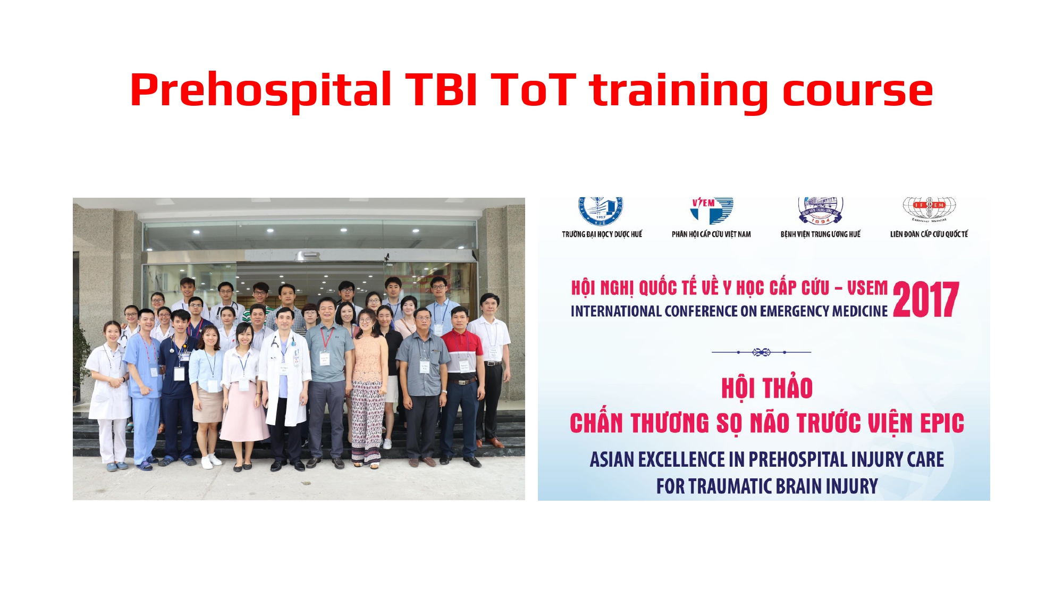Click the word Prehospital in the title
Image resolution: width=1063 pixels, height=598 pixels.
[260, 90]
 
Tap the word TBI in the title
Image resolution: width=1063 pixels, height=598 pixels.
[441, 90]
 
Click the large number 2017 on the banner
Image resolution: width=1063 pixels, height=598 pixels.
[926, 300]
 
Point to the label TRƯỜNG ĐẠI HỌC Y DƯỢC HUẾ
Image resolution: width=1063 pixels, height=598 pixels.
[602, 234]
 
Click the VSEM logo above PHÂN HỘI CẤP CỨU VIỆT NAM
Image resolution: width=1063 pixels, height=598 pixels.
[711, 210]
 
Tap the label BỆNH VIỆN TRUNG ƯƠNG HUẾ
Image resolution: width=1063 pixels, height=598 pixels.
[820, 234]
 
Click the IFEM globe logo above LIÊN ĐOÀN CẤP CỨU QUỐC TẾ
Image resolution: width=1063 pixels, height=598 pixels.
[929, 208]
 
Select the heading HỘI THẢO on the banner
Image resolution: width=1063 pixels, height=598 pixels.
[766, 388]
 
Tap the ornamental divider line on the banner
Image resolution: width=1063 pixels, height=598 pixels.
[761, 352]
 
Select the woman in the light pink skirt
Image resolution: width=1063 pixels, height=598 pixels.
[243, 393]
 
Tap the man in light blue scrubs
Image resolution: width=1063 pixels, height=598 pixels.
[144, 383]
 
